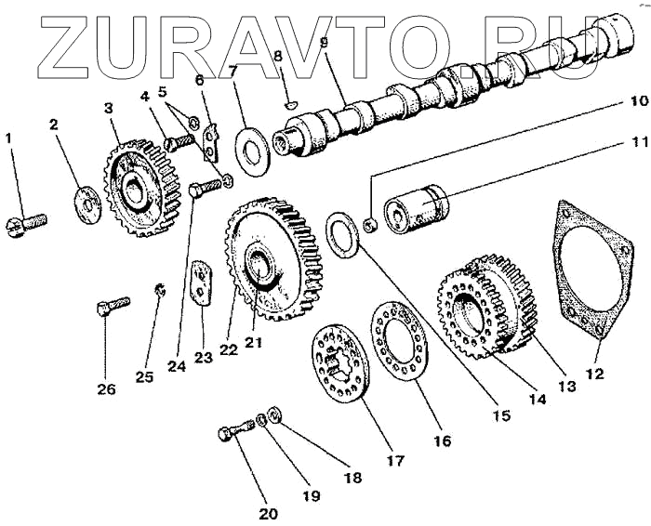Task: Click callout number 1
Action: click(x=9, y=138)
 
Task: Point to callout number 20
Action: click(x=268, y=512)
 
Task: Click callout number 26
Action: click(x=107, y=389)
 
